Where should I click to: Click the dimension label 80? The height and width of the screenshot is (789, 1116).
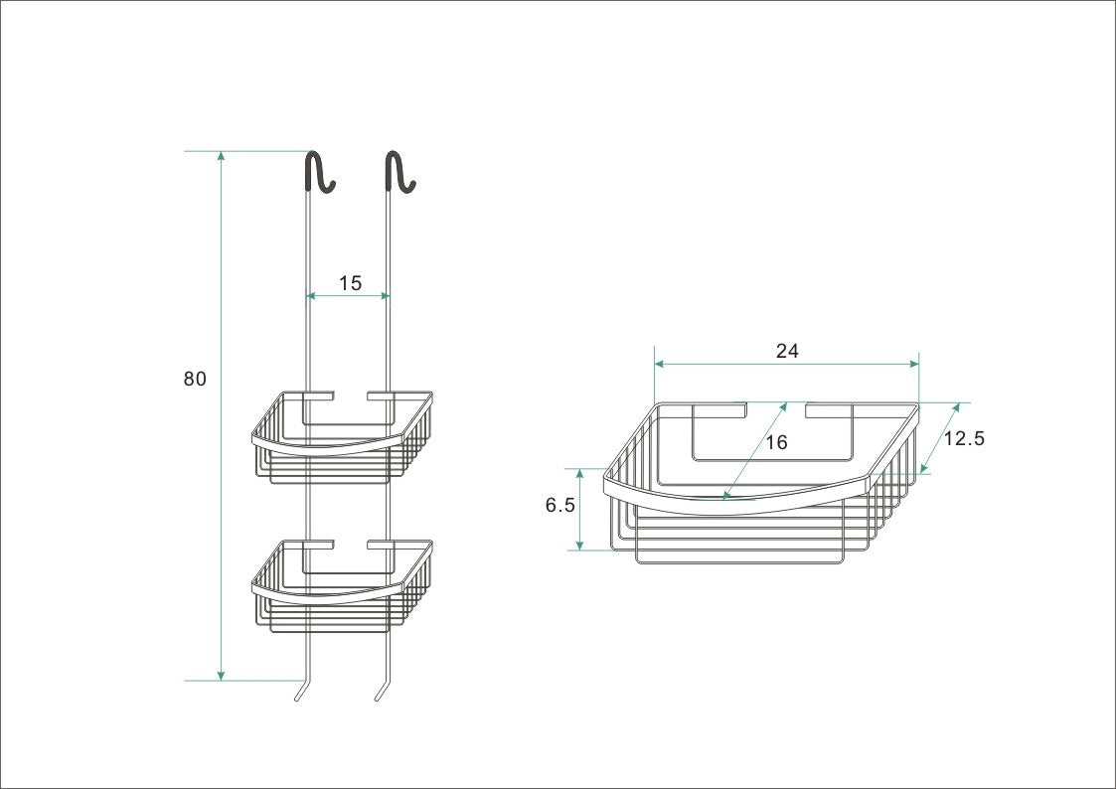pyautogui.click(x=195, y=379)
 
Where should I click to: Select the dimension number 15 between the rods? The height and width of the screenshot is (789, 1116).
pyautogui.click(x=350, y=283)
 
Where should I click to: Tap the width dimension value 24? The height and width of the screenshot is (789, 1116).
pyautogui.click(x=787, y=351)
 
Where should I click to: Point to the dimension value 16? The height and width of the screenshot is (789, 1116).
pyautogui.click(x=776, y=442)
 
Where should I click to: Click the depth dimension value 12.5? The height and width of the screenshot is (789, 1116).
pyautogui.click(x=963, y=438)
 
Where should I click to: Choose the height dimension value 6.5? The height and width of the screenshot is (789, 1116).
pyautogui.click(x=559, y=505)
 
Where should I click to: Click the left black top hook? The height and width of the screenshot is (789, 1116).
pyautogui.click(x=317, y=172)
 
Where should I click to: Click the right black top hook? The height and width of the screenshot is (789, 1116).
pyautogui.click(x=398, y=172)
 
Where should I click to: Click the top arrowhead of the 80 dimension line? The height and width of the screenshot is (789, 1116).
pyautogui.click(x=221, y=157)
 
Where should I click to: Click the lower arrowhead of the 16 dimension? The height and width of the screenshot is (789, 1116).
pyautogui.click(x=728, y=494)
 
